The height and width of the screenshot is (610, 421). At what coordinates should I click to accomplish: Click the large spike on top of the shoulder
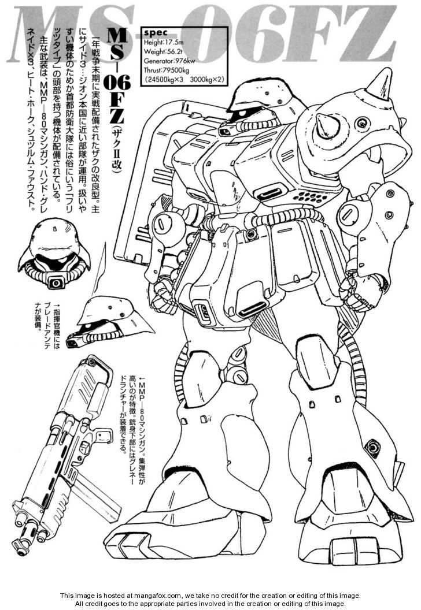click(371, 82)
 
